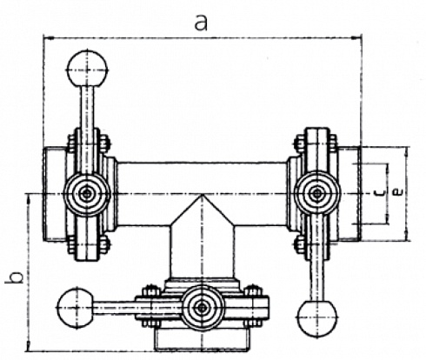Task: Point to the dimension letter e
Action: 396,193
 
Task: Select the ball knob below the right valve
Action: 314,319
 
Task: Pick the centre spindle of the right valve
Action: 315,193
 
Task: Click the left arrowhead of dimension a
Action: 47,37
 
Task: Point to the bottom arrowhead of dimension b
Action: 30,344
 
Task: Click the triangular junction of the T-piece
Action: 202,213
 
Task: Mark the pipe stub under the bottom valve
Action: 202,338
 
